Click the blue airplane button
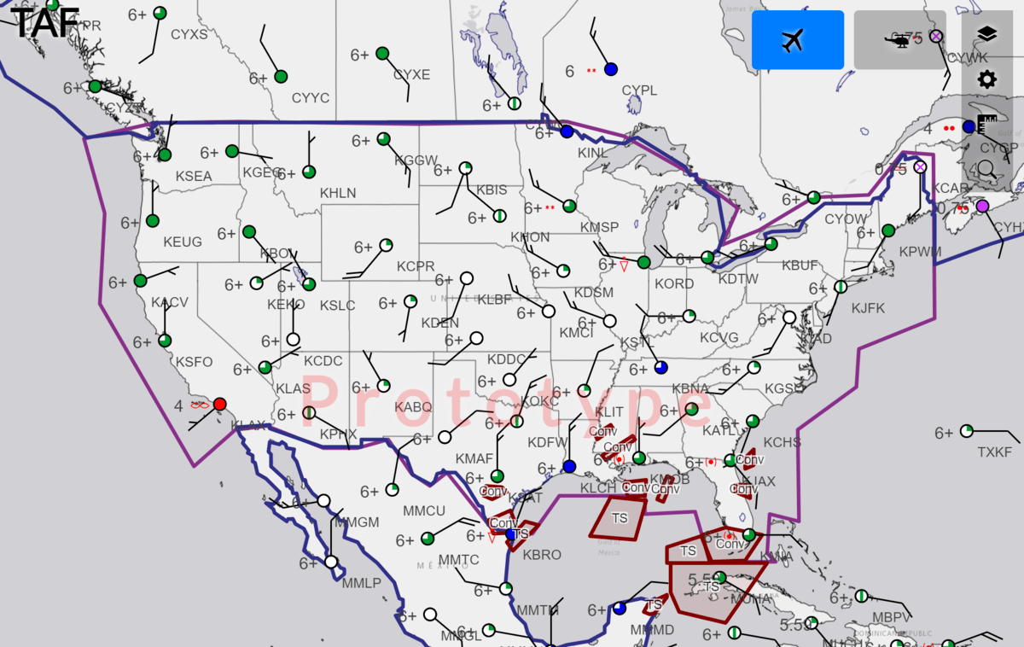[x=797, y=40]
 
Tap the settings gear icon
[x=987, y=80]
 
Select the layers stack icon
[x=987, y=34]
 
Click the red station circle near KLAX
[x=220, y=404]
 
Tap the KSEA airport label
[x=194, y=177]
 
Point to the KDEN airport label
[x=439, y=323]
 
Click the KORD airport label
[x=674, y=284]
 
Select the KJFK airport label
[x=868, y=308]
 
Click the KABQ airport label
[x=413, y=408]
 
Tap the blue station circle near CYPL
[x=611, y=69]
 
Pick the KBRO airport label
[x=542, y=555]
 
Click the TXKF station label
[x=994, y=452]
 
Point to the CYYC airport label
[x=311, y=99]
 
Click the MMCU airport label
[x=424, y=511]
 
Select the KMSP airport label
[x=599, y=228]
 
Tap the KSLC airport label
[x=337, y=306]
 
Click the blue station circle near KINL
[x=567, y=131]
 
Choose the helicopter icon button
[x=899, y=40]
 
